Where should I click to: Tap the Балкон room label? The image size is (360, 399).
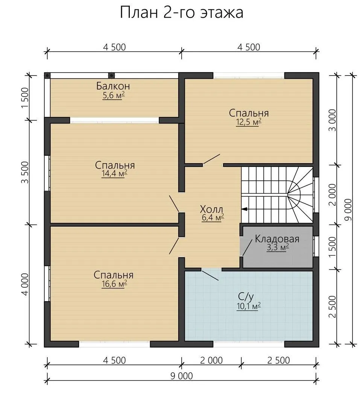(x=113, y=86)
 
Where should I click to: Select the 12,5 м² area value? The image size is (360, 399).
(x=249, y=122)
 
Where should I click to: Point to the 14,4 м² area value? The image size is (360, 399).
(x=114, y=174)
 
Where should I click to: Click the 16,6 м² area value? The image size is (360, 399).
(x=114, y=284)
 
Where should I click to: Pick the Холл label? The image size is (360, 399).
(x=211, y=209)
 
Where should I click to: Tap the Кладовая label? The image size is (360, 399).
(x=277, y=239)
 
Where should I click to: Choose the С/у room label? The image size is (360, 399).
(x=246, y=296)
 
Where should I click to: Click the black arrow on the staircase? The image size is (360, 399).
(x=245, y=209)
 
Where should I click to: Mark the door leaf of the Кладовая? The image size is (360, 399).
(x=247, y=246)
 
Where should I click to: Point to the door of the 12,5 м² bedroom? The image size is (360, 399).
(x=211, y=159)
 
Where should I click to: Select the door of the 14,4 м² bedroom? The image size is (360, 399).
(x=174, y=203)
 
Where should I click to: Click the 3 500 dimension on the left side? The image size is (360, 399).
(x=25, y=173)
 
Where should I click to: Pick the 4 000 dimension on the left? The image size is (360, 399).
(x=25, y=285)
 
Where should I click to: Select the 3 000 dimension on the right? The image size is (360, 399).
(x=333, y=120)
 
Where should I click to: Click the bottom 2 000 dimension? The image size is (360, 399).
(x=211, y=360)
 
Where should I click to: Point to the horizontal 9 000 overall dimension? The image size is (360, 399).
(x=182, y=376)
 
